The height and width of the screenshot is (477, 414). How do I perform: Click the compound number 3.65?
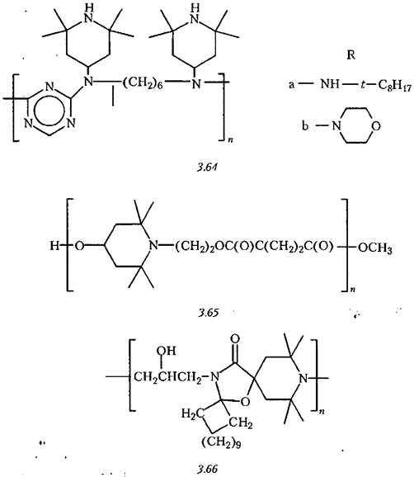click(x=208, y=313)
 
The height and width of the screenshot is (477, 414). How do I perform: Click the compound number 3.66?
click(x=208, y=469)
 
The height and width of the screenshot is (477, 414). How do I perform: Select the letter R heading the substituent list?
click(x=350, y=55)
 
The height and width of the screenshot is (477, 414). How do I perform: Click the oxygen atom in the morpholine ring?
click(x=376, y=125)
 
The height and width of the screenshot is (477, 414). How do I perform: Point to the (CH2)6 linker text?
click(x=143, y=83)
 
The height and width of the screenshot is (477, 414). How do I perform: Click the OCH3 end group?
click(x=375, y=248)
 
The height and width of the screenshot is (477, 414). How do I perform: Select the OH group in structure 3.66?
click(x=166, y=351)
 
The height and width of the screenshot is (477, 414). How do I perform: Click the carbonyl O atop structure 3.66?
click(x=235, y=338)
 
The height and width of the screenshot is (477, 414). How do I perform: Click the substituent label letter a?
click(x=291, y=84)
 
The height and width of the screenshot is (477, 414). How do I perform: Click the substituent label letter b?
click(x=305, y=125)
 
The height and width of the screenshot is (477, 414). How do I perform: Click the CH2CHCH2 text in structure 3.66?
click(x=167, y=378)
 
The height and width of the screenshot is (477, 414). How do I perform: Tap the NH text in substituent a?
click(x=330, y=83)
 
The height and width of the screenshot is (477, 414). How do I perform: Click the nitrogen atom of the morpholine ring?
click(x=336, y=125)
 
